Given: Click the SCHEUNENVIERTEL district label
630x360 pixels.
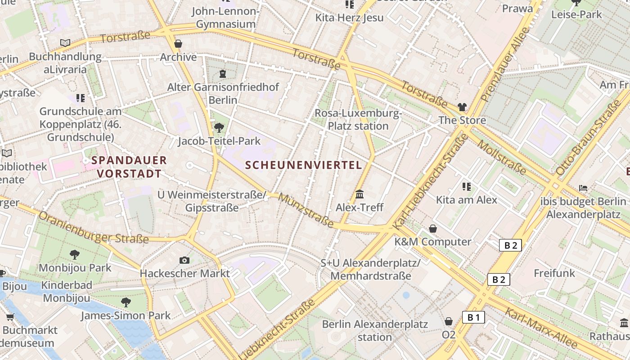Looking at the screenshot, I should [x=304, y=165].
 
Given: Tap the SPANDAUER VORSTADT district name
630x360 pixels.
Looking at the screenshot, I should [x=129, y=166].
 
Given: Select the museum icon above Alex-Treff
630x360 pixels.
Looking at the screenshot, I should [x=360, y=194].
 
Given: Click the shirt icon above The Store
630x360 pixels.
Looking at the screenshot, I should [x=462, y=107].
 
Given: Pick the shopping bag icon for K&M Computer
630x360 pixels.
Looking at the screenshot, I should [x=432, y=229].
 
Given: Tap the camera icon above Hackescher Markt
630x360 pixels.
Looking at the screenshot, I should [x=184, y=260].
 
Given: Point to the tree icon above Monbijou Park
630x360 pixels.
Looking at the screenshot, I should [x=75, y=255].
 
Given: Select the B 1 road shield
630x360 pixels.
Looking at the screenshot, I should [x=473, y=318].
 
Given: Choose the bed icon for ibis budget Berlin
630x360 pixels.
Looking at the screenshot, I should [x=584, y=188].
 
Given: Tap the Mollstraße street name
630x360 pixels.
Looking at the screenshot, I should [x=501, y=157].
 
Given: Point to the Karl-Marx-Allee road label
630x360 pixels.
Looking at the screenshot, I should [x=540, y=328].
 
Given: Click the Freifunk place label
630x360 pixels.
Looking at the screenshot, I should [x=554, y=273].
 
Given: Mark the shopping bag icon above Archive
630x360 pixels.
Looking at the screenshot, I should [x=178, y=44].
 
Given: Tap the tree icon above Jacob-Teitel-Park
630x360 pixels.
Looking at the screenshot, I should [x=219, y=128].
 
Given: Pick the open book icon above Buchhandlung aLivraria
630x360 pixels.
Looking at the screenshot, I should [x=65, y=43].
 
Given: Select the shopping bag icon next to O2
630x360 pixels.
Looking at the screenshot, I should [x=449, y=321].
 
